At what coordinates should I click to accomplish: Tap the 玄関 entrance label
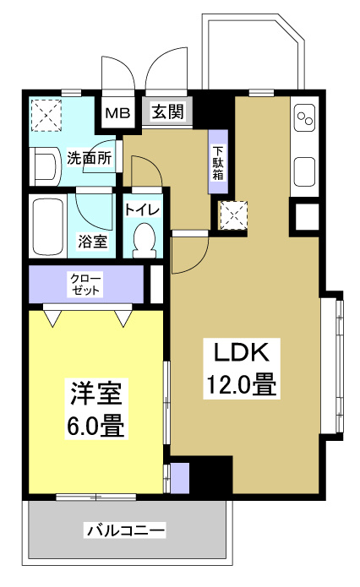pyautogui.click(x=168, y=111)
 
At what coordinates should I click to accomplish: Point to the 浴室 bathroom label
pyautogui.click(x=93, y=242)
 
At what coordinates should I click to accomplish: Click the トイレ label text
pyautogui.click(x=142, y=210)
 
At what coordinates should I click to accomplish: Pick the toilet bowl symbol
pyautogui.click(x=146, y=240)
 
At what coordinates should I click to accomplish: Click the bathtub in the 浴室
pyautogui.click(x=46, y=226)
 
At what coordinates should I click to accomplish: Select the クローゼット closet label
pyautogui.click(x=87, y=284)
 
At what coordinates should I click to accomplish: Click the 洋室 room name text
pyautogui.click(x=96, y=394)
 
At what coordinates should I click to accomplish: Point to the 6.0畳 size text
pyautogui.click(x=96, y=426)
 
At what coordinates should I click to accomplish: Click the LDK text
pyautogui.click(x=240, y=353)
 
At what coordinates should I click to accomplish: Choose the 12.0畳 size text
pyautogui.click(x=240, y=386)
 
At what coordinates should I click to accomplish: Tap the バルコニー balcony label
pyautogui.click(x=125, y=530)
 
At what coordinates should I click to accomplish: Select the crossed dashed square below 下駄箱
pyautogui.click(x=232, y=215)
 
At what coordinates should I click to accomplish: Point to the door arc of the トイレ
pyautogui.click(x=145, y=175)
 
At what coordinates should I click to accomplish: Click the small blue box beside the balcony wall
pyautogui.click(x=180, y=476)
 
